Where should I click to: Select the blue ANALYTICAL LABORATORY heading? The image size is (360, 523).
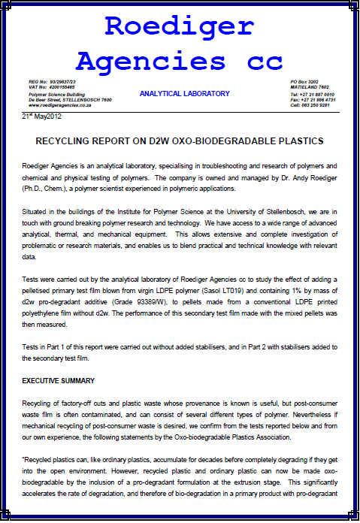click(x=185, y=94)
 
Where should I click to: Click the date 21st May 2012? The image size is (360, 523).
click(x=46, y=117)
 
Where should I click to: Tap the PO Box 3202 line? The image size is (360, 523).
click(x=304, y=80)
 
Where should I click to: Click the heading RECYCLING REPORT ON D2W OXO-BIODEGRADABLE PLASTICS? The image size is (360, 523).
click(x=180, y=141)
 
